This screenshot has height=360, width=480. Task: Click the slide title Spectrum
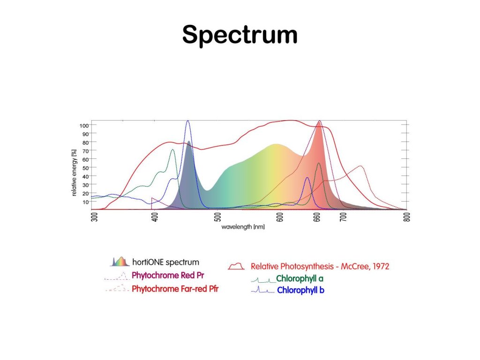(x=240, y=35)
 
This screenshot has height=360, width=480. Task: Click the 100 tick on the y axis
(x=84, y=125)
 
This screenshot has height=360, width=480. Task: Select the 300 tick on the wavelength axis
(x=94, y=217)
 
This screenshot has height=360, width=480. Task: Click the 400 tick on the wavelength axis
(x=156, y=217)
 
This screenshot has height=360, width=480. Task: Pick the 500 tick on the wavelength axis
(x=218, y=217)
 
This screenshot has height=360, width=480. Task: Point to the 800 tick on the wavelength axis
(x=406, y=217)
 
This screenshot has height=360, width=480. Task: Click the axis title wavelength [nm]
(x=243, y=227)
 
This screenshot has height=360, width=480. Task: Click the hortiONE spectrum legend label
(x=165, y=262)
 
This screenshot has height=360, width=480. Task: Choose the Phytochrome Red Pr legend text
(x=168, y=275)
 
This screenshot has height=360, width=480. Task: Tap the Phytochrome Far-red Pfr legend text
(x=175, y=289)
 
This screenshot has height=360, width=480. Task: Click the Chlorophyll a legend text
(x=300, y=279)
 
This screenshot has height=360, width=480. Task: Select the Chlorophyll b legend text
(x=300, y=290)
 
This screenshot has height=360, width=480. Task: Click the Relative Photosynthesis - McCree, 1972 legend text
(x=320, y=266)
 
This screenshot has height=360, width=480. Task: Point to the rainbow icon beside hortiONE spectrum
(x=120, y=262)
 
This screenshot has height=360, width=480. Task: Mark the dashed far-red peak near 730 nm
(x=360, y=166)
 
